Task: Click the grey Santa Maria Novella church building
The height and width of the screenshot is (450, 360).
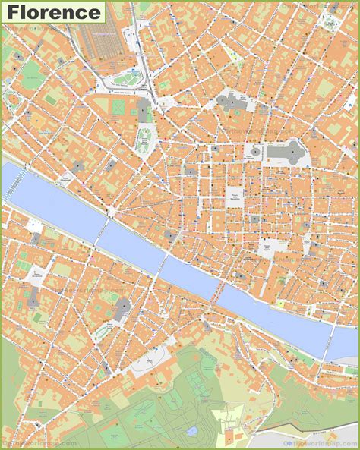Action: pyautogui.click(x=144, y=112)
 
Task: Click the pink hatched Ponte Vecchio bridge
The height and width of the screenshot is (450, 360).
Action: pyautogui.click(x=219, y=289)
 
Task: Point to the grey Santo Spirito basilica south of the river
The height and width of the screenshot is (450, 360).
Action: pyautogui.click(x=122, y=307)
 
